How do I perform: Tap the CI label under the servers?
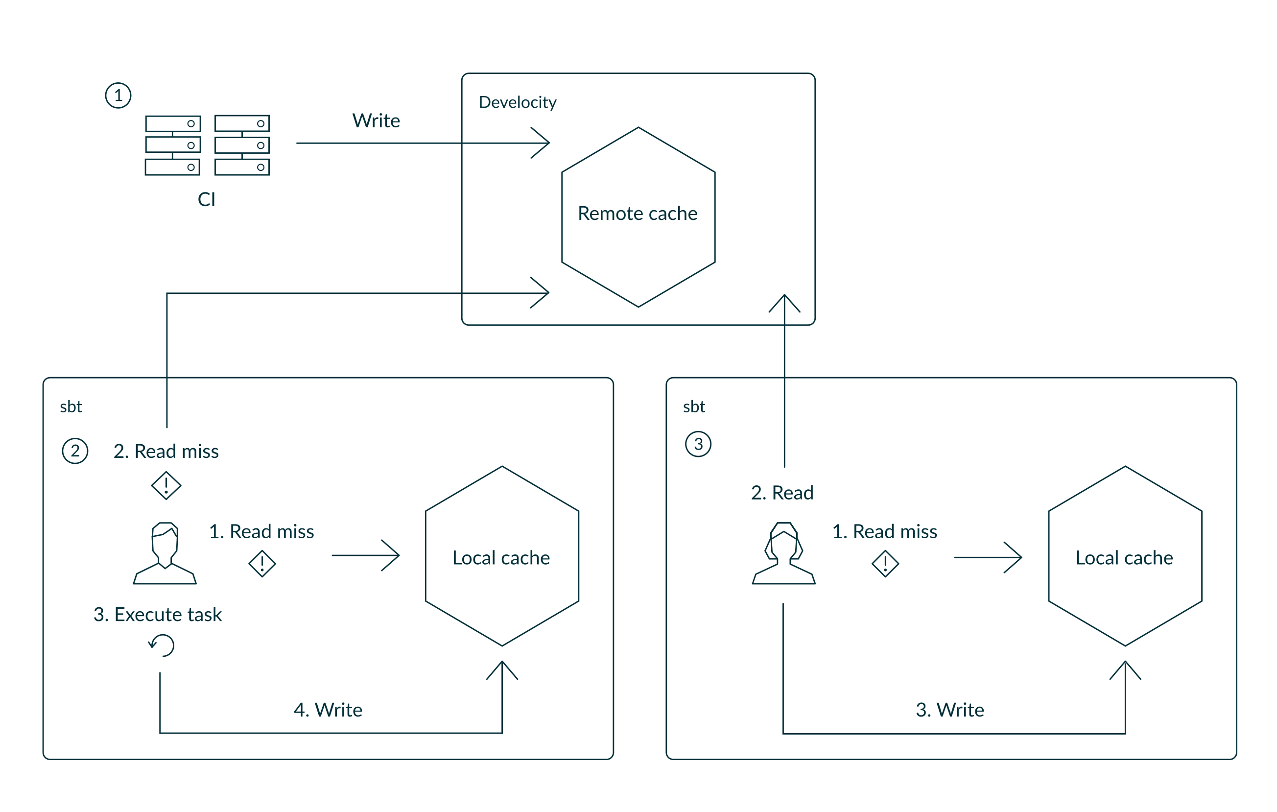click(206, 199)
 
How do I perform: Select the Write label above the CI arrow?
click(376, 121)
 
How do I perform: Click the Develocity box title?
click(517, 102)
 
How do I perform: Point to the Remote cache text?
click(638, 213)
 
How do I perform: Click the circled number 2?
click(75, 451)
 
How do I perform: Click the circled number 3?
click(698, 444)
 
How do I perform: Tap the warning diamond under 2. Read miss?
click(166, 485)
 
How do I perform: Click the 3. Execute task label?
click(158, 614)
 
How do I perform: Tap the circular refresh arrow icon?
click(162, 645)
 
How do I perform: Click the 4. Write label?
click(328, 710)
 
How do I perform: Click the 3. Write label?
click(949, 710)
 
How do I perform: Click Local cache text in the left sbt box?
click(501, 557)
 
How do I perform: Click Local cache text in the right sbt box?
click(1124, 557)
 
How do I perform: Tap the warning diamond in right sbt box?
click(885, 563)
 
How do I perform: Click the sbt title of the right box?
click(694, 407)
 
